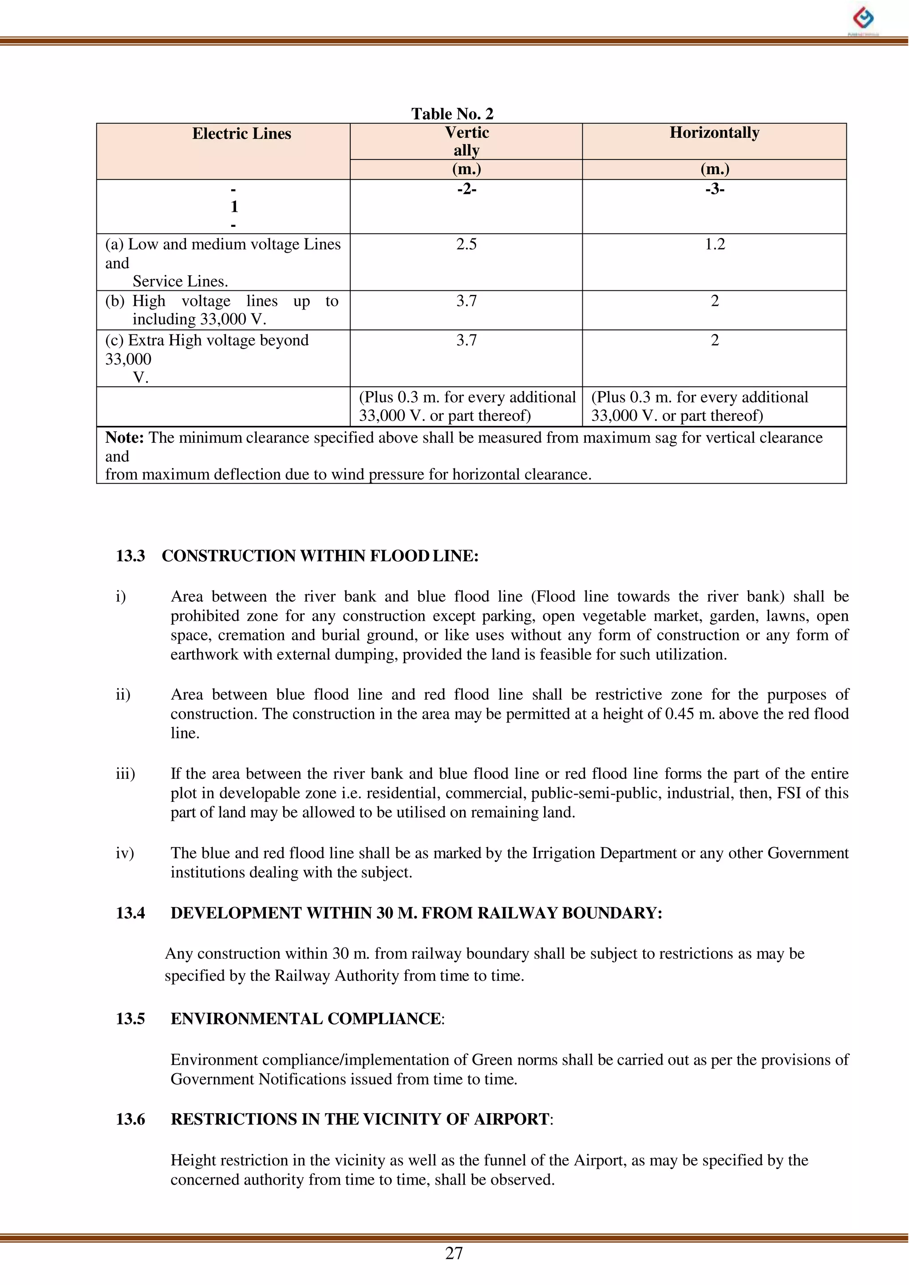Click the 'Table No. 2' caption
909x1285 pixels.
pyautogui.click(x=452, y=114)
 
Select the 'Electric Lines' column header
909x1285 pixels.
pyautogui.click(x=241, y=134)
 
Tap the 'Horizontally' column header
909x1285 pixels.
pyautogui.click(x=714, y=133)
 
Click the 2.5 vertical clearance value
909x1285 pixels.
pyautogui.click(x=466, y=244)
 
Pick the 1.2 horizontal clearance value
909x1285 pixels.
pyautogui.click(x=714, y=244)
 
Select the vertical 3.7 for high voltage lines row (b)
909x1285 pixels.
pyautogui.click(x=466, y=301)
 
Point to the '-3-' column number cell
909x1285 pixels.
pyautogui.click(x=714, y=189)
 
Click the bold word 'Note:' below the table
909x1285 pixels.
pyautogui.click(x=125, y=438)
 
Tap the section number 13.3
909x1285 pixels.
pyautogui.click(x=130, y=556)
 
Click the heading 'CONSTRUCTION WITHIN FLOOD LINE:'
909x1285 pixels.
pyautogui.click(x=320, y=556)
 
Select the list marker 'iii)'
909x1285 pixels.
pyautogui.click(x=125, y=774)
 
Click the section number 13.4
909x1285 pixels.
pyautogui.click(x=130, y=913)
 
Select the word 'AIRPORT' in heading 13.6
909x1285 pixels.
pyautogui.click(x=511, y=1118)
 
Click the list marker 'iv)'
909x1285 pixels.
pyautogui.click(x=125, y=853)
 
